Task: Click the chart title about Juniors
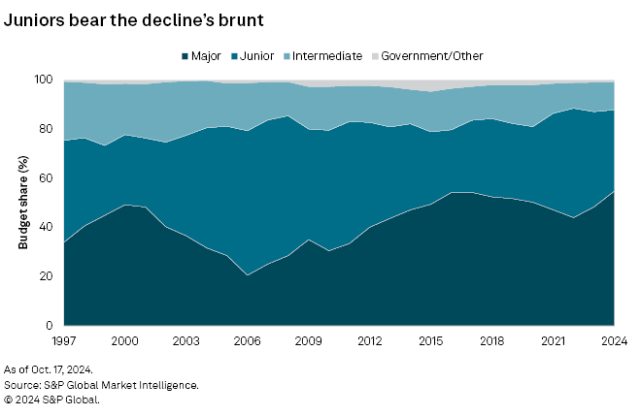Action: (x=137, y=19)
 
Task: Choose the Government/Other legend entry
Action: (x=431, y=56)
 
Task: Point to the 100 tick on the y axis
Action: (x=43, y=80)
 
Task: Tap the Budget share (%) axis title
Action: (x=22, y=203)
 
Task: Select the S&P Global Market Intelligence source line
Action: (x=102, y=385)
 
